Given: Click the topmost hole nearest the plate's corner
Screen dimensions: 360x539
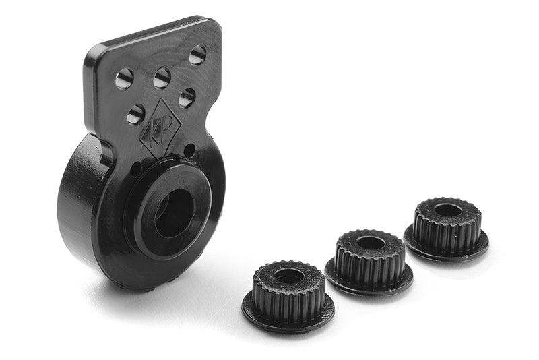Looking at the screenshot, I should tap(197, 55).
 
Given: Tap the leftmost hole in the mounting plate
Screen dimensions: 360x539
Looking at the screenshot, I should tap(124, 79).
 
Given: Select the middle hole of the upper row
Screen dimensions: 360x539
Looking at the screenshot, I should tap(162, 78).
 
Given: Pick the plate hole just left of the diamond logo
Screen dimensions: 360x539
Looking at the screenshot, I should tap(136, 114).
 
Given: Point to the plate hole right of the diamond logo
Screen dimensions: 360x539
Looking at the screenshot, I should tap(187, 98).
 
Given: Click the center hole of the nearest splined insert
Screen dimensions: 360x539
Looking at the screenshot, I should tap(290, 276).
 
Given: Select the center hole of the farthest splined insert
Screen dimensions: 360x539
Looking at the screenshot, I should tap(448, 210).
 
